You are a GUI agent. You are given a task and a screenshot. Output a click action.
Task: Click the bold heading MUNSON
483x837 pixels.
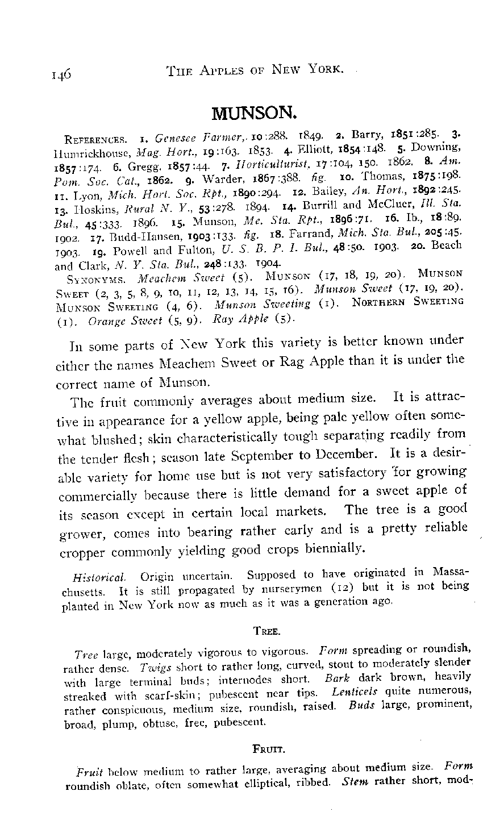click(x=255, y=114)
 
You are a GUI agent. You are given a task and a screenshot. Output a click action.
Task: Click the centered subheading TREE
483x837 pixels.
click(x=264, y=631)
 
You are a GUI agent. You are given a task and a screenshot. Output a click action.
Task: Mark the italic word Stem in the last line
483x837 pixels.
click(x=356, y=781)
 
